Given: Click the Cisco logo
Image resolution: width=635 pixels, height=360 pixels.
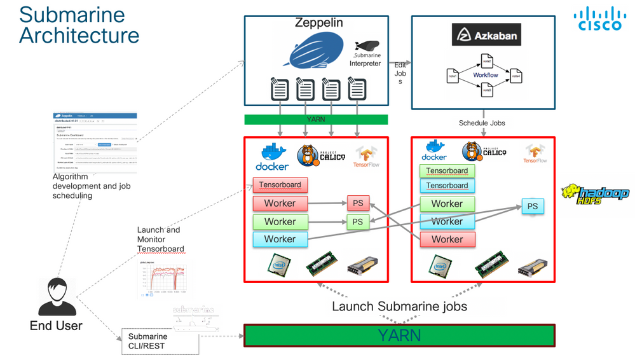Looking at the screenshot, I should coord(599,19).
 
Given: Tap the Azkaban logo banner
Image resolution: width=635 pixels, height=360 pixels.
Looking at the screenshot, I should coord(486,35).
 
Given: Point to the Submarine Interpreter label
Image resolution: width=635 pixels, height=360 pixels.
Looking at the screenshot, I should coord(365,59).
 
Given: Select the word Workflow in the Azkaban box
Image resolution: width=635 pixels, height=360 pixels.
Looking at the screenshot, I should coord(486,75).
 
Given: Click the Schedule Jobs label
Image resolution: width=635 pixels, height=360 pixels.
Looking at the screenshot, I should coord(482,123).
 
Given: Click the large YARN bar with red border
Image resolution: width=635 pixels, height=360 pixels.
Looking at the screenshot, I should coord(399,335).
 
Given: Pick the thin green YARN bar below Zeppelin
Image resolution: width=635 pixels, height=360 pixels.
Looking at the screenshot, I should coord(316,119).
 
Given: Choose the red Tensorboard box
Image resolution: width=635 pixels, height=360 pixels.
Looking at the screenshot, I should coord(280,185).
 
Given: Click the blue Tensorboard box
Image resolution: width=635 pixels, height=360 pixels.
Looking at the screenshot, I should coord(447,186).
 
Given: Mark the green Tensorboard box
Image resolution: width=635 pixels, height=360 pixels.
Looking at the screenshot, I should coord(447,170).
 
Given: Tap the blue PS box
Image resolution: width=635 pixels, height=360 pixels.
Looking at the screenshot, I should coord(532,206).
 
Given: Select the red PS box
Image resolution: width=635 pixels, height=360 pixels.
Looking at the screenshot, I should coord(358,204).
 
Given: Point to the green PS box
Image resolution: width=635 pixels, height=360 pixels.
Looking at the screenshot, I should coord(358,221).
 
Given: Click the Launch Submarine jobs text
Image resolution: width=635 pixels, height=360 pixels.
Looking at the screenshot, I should coord(399,307).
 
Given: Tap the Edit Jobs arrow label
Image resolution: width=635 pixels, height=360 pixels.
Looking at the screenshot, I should coord(400,73).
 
